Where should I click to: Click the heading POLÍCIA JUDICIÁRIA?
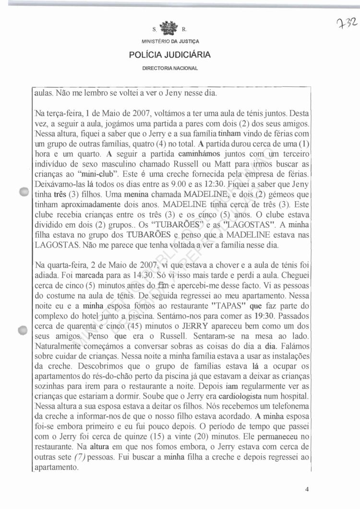click(169, 55)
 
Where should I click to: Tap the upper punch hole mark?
click(24, 192)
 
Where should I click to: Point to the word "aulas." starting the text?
click(45, 93)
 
